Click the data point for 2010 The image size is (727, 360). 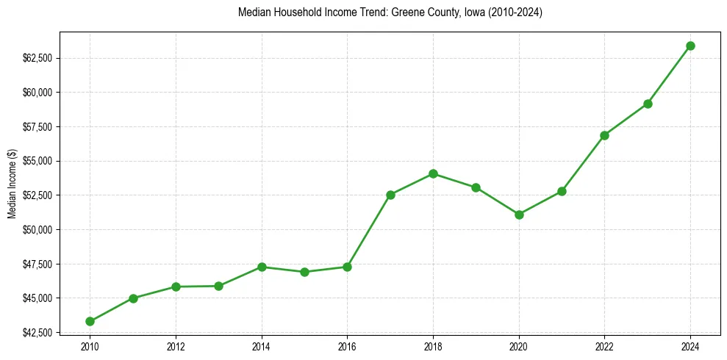tap(90, 321)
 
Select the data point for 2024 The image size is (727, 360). tap(690, 46)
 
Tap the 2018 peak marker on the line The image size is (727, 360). tap(433, 174)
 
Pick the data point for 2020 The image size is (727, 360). tap(519, 215)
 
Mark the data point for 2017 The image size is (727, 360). tap(390, 195)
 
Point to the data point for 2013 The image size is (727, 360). tap(218, 286)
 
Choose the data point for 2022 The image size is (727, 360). tap(604, 135)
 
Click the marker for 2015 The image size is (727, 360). tap(304, 272)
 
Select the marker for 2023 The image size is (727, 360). tap(648, 104)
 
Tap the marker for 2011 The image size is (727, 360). tap(133, 298)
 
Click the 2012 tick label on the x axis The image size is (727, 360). tap(176, 347)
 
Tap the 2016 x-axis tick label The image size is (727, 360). tap(347, 347)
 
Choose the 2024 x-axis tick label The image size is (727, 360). tap(690, 347)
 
